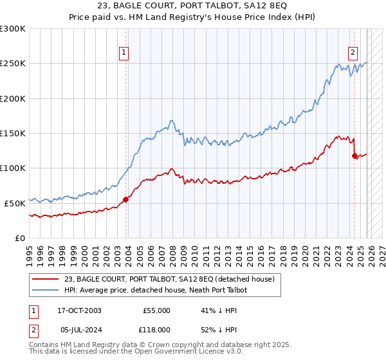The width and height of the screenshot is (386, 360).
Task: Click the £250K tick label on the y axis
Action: coord(13,64)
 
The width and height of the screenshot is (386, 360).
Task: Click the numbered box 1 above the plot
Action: coord(124,53)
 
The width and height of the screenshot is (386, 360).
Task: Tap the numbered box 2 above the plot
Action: coord(353,53)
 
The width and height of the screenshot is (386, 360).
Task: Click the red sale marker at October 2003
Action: coord(125,199)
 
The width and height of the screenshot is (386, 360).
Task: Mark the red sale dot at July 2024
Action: coord(354,156)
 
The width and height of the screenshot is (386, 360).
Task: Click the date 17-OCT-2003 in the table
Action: coord(79,310)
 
